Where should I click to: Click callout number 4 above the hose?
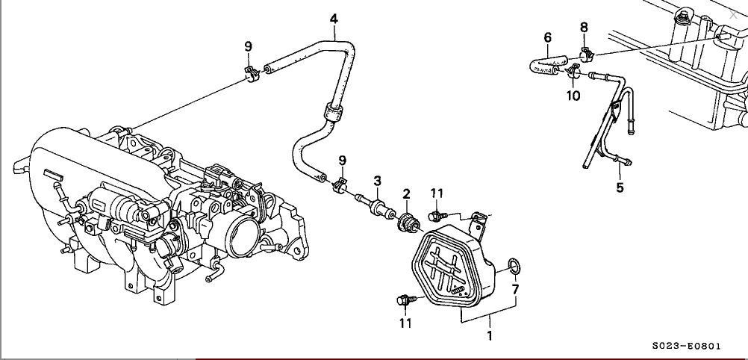334,18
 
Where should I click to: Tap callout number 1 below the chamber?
490,335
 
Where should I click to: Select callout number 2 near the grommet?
407,194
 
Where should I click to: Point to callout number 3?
378,181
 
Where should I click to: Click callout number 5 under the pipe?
620,187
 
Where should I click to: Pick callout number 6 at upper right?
547,37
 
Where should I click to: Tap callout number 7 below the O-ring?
515,288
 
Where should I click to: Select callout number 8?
584,28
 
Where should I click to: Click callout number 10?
573,96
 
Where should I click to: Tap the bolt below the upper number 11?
434,216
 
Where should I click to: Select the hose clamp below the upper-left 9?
251,72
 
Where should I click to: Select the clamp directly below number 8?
585,54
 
